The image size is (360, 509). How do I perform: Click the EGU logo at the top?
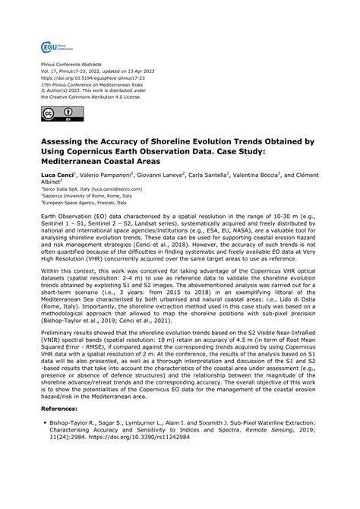(x=53, y=48)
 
